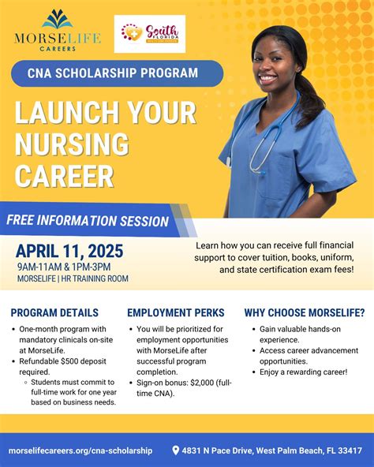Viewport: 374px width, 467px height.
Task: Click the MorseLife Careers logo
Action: [57, 32]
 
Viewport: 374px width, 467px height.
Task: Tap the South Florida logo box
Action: [150, 34]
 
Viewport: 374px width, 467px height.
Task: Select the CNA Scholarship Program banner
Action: [118, 73]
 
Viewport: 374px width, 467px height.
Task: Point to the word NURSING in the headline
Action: [71, 145]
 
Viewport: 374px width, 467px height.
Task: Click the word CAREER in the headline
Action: [65, 175]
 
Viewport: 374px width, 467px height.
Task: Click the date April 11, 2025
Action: [69, 252]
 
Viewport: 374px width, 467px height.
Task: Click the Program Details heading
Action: [54, 312]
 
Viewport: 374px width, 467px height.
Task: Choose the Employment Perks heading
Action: [176, 312]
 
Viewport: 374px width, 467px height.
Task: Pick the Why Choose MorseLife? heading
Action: [305, 312]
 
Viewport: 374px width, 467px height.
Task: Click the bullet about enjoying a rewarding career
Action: [303, 372]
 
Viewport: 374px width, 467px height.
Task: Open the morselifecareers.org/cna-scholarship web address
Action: [80, 450]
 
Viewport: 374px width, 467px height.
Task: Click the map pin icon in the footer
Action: [176, 450]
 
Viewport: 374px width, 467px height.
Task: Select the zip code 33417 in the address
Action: [350, 450]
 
